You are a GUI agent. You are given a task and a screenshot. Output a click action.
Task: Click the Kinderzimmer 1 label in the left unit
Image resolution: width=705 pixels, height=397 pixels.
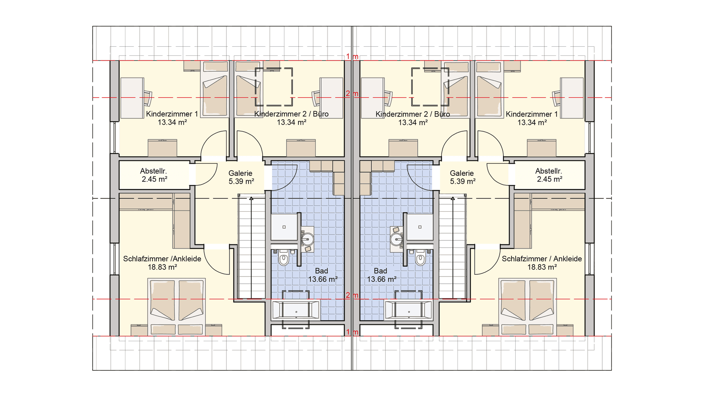click(172, 114)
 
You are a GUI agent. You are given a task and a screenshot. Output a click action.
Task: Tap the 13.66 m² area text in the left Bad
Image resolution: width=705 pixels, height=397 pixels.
click(323, 279)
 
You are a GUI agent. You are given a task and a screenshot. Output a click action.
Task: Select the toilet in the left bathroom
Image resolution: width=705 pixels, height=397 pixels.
click(283, 259)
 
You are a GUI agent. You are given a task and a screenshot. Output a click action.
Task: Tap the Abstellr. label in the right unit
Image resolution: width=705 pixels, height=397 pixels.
click(548, 171)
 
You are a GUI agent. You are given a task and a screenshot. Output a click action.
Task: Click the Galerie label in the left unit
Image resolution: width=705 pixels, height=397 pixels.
click(241, 173)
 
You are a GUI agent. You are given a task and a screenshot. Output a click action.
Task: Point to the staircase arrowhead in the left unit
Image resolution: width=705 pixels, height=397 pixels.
click(251, 198)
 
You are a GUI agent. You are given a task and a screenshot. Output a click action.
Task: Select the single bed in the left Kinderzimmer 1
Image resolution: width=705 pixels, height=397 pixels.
click(215, 89)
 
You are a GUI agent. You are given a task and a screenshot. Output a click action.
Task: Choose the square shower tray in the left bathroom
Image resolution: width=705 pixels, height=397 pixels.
click(284, 227)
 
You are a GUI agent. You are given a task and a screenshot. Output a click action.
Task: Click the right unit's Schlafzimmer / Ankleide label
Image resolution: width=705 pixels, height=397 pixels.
click(541, 259)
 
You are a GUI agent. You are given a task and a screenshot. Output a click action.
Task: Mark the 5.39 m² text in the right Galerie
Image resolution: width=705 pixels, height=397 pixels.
click(463, 181)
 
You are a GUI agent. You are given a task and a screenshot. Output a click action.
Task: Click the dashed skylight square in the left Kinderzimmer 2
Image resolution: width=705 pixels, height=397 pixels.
click(274, 87)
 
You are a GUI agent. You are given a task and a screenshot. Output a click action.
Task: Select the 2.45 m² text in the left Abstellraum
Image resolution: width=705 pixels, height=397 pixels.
click(154, 179)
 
